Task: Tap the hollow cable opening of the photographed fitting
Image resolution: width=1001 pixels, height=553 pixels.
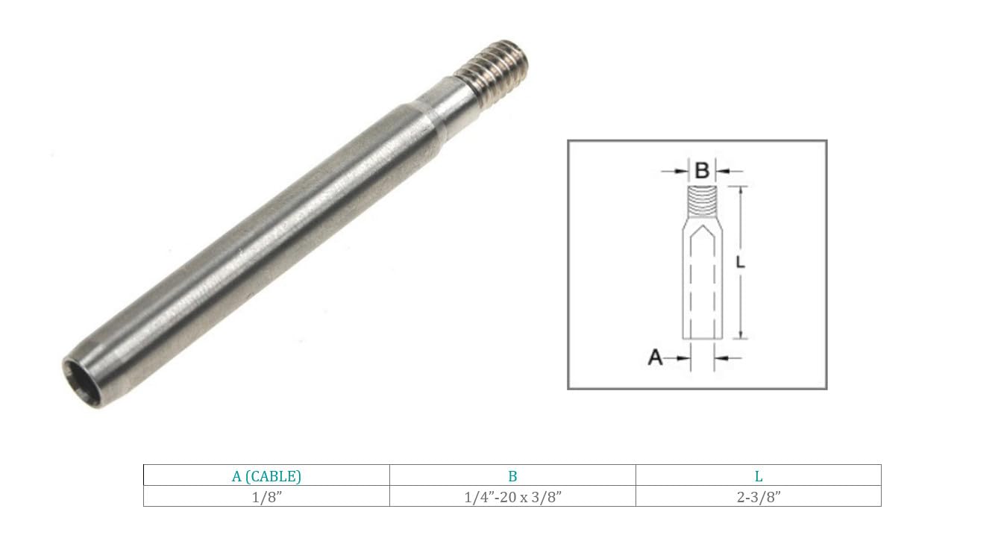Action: [78, 372]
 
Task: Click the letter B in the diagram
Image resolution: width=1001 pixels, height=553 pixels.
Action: [702, 171]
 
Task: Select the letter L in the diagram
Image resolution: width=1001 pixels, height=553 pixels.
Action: [740, 263]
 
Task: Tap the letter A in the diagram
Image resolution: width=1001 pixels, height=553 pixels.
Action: [655, 358]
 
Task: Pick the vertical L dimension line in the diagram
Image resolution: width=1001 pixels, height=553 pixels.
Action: [740, 224]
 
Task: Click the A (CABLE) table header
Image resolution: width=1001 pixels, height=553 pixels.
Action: [266, 476]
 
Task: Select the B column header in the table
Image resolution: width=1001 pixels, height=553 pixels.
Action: [512, 476]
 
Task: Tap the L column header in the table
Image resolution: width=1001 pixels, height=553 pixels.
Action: [759, 476]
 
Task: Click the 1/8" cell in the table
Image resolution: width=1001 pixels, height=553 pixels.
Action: [266, 497]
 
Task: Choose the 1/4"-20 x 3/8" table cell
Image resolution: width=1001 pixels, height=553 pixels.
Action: [512, 497]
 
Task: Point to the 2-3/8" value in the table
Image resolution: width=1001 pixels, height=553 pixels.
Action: [759, 497]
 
